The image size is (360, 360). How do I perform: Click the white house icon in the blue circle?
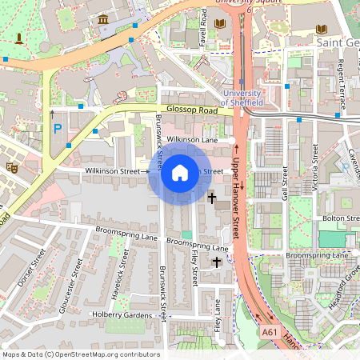pyautogui.click(x=180, y=172)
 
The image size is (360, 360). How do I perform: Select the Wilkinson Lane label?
pyautogui.click(x=193, y=139)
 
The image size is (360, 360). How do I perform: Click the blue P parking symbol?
pyautogui.click(x=56, y=128)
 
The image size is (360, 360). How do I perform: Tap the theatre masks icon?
pyautogui.click(x=11, y=167)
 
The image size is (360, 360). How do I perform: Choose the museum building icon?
pyautogui.click(x=103, y=19)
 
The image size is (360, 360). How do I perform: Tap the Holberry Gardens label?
pyautogui.click(x=122, y=314)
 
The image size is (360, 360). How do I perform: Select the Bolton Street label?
pyautogui.click(x=341, y=218)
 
